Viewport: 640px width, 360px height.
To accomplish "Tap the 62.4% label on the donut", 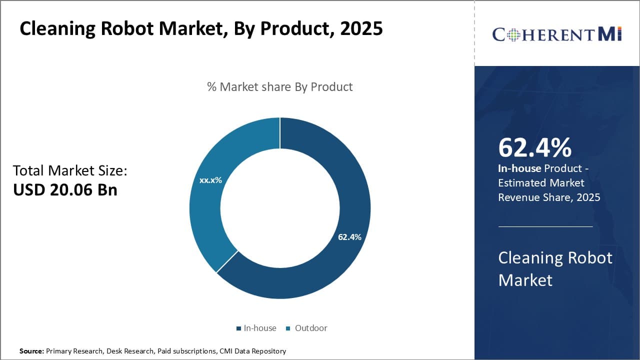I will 349,237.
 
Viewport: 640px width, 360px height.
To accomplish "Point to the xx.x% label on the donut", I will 210,180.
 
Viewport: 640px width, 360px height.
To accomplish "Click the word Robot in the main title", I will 124,28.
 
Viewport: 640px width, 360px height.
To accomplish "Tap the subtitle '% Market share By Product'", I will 280,86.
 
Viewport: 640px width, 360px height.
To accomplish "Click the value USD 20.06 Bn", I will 65,189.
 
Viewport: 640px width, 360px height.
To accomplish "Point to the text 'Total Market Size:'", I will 70,170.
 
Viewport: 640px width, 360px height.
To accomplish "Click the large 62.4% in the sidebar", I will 534,147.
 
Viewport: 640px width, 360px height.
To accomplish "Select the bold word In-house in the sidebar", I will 519,168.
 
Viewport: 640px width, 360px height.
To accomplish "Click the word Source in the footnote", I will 31,351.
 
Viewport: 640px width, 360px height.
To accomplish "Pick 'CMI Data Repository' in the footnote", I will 252,351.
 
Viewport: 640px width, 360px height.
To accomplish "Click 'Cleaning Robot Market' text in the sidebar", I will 555,268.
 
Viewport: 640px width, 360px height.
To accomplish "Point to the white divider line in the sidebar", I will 545,226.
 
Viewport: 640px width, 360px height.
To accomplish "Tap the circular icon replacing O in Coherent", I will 511,34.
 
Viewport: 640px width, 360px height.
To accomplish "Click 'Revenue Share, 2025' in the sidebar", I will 548,197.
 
